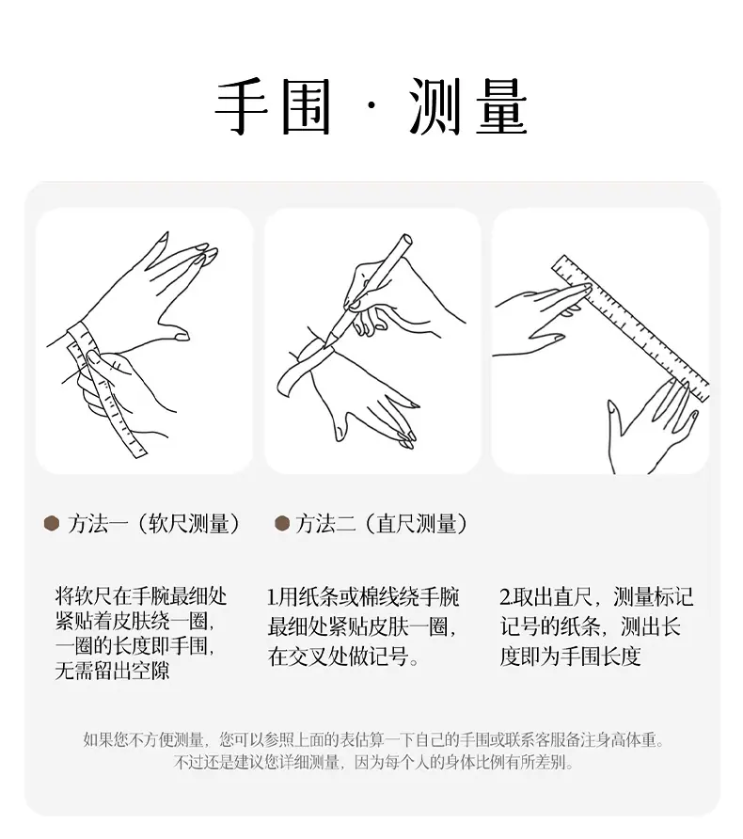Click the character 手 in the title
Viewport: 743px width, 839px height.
tap(242, 106)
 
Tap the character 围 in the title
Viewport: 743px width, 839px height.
tap(306, 106)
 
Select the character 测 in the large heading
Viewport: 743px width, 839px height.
tap(435, 106)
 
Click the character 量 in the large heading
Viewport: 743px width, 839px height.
tap(501, 106)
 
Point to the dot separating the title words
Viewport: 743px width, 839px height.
tap(371, 106)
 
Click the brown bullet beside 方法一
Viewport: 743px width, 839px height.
tap(52, 523)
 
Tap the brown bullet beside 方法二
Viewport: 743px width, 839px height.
tap(282, 523)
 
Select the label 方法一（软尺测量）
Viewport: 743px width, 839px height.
tap(153, 524)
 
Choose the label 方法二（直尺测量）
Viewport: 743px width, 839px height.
tap(382, 524)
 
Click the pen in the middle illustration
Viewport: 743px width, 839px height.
tap(369, 287)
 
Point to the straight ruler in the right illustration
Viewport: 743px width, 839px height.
tap(631, 328)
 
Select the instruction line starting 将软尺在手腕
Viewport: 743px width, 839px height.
tap(141, 596)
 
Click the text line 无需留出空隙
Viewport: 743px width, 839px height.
tap(112, 670)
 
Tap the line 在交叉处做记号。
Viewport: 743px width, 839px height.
tap(343, 656)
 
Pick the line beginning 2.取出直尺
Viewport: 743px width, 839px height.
tap(596, 597)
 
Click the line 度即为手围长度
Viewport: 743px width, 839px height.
tap(570, 656)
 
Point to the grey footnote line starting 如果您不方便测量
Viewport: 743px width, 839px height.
tap(374, 740)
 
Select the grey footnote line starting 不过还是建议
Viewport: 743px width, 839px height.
tap(374, 762)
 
